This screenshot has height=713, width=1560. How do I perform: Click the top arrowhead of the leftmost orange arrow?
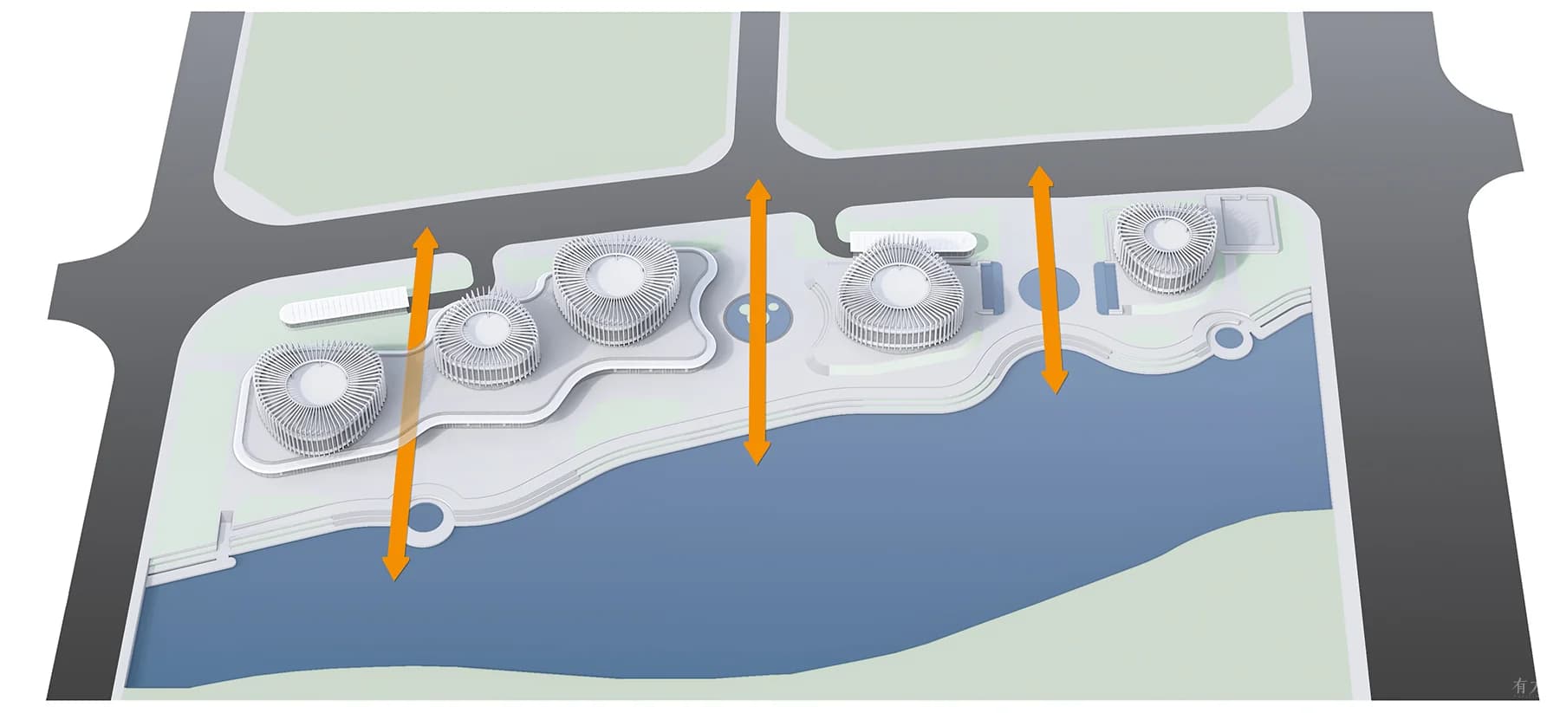click(424, 237)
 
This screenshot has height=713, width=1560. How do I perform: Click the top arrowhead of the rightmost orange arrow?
click(1040, 176)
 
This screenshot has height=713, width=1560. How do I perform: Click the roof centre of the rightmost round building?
click(1163, 232)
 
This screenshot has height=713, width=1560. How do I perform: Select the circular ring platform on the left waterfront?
click(426, 518)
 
